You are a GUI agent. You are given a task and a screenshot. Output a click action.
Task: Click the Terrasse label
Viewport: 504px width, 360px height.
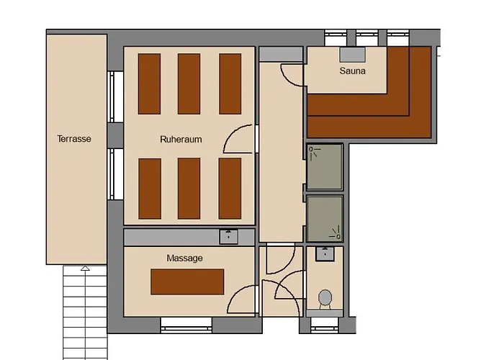point(74,139)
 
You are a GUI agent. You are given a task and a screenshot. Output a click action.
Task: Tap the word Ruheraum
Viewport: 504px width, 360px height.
point(181,139)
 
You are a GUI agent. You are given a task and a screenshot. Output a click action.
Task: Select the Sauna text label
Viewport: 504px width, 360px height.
point(353,71)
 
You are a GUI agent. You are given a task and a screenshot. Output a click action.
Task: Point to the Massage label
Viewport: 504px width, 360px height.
point(184,258)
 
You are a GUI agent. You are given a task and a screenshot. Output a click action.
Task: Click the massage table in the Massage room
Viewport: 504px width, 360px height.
point(187,282)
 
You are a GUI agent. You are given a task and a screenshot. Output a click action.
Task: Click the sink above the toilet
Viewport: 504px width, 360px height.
point(325,254)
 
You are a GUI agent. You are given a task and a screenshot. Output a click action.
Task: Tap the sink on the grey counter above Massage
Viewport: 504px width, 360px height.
point(228,237)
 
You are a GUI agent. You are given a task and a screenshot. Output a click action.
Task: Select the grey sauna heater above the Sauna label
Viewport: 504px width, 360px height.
point(353,54)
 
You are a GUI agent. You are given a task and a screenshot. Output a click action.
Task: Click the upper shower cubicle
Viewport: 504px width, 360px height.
point(325,167)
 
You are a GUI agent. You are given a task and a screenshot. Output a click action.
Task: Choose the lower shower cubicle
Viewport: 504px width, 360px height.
point(325,219)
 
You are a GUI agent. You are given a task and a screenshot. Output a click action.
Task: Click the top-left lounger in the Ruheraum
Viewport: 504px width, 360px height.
point(149,84)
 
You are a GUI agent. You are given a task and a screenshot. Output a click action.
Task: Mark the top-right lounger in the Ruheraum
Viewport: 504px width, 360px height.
point(230,84)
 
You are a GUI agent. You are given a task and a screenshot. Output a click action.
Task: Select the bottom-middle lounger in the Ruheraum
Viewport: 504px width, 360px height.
point(189,189)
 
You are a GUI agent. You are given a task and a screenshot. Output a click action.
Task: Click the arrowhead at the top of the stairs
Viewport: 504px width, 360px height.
point(85,268)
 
